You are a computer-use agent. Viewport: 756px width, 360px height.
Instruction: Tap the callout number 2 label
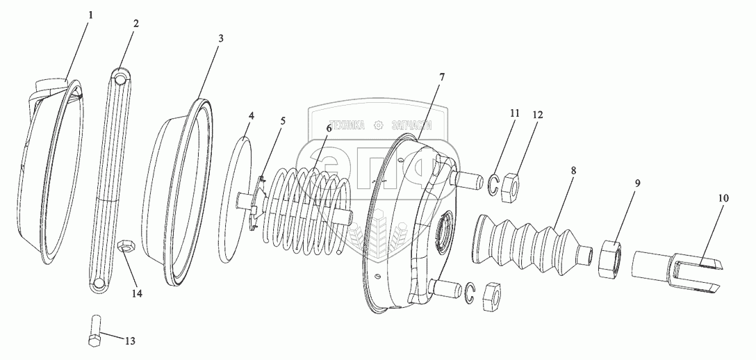click(135, 23)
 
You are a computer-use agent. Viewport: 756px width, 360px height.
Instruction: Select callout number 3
click(221, 38)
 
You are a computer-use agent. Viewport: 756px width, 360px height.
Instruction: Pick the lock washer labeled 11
click(493, 184)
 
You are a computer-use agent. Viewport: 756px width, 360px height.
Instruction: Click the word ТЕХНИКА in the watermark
click(346, 126)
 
